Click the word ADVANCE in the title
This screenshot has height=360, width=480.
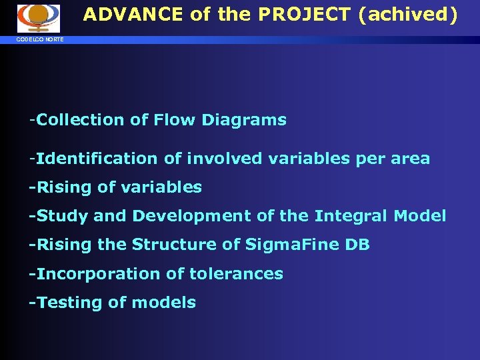tap(133, 15)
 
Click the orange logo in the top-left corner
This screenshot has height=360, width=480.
tap(39, 18)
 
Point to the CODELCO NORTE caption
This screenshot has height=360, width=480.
tap(41, 40)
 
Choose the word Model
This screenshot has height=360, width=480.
tap(420, 216)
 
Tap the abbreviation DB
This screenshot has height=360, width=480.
tap(358, 245)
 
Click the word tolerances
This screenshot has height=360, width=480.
tap(245, 273)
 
